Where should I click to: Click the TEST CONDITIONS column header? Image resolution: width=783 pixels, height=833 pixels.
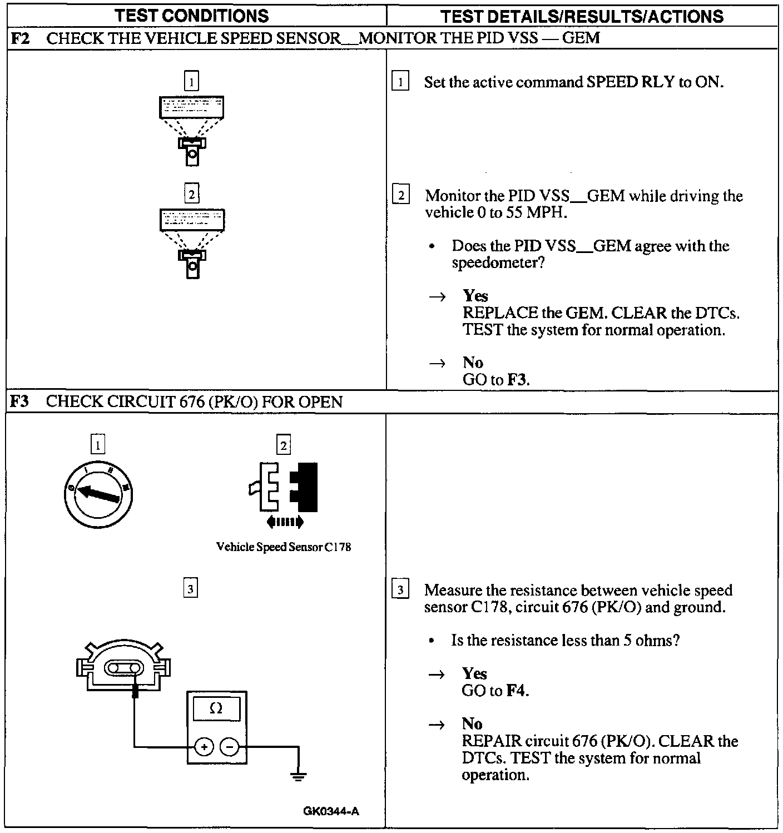[192, 16]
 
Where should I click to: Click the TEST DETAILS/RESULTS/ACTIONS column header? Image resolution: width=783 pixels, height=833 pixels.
[582, 16]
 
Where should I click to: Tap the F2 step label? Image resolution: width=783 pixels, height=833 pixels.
[20, 38]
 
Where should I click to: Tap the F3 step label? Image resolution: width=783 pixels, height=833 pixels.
[20, 401]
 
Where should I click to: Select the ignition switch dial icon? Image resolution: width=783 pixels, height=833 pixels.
[98, 494]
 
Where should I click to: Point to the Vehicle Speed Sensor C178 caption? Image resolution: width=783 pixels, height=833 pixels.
[283, 547]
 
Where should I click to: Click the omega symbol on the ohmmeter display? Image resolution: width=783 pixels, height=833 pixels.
[216, 708]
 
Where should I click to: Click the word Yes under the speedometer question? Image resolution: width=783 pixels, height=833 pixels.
[475, 296]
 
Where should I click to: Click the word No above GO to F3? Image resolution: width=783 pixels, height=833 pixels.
[473, 363]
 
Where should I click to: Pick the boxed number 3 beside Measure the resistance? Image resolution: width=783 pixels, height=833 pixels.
[400, 589]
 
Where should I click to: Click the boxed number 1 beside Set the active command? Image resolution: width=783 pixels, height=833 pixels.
[400, 82]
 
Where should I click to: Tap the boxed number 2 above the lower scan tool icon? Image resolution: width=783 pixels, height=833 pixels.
[191, 194]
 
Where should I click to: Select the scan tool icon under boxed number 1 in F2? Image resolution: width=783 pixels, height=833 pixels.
[192, 131]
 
